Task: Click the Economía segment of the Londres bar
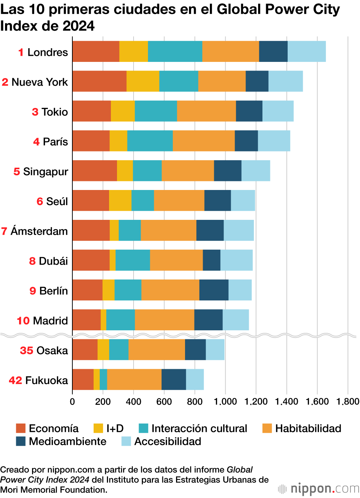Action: (x=96, y=51)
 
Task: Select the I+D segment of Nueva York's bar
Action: (x=143, y=81)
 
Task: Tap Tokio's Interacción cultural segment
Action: (x=156, y=111)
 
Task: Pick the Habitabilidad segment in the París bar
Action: (x=204, y=141)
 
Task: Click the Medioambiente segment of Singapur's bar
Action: (x=228, y=171)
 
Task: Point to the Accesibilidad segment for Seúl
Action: (x=243, y=201)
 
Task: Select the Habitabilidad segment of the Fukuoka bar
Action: (x=134, y=380)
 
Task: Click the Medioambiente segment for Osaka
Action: (x=195, y=350)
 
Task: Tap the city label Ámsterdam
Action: (x=39, y=231)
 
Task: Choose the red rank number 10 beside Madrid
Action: (x=23, y=321)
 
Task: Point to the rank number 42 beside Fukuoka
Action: (x=15, y=380)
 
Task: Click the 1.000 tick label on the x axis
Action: (x=225, y=402)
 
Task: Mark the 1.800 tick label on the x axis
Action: (x=348, y=402)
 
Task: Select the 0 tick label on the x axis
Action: (x=72, y=402)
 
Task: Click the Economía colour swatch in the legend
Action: (x=21, y=428)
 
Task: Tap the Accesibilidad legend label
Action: (x=168, y=442)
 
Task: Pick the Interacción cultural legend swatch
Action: (x=143, y=428)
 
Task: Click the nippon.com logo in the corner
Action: (x=319, y=489)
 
